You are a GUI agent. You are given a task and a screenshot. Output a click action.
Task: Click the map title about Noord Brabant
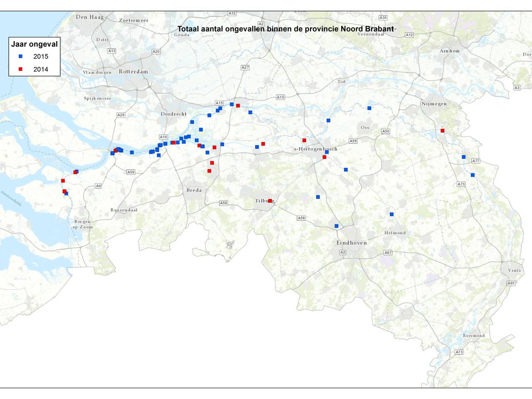tap(286, 29)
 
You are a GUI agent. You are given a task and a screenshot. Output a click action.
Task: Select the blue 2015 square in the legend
tap(20, 56)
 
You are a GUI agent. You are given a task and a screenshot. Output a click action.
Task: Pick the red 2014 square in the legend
tap(20, 69)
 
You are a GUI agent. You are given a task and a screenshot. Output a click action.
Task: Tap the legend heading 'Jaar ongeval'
tap(34, 44)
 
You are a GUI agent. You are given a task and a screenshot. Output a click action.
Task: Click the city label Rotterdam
tap(133, 71)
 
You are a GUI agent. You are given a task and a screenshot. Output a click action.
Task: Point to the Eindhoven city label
tap(352, 243)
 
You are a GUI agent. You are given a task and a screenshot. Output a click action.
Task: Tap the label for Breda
tap(194, 190)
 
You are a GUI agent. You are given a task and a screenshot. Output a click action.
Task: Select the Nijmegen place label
tap(434, 104)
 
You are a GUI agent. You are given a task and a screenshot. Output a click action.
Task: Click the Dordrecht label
tap(174, 114)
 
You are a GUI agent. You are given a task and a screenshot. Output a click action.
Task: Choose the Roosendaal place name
tap(124, 210)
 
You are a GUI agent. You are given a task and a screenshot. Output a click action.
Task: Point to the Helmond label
tap(395, 233)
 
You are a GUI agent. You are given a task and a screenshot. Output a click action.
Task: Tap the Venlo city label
tap(514, 270)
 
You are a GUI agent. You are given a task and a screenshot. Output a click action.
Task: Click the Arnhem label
tap(450, 51)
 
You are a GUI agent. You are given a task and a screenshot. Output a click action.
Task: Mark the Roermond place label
tap(474, 336)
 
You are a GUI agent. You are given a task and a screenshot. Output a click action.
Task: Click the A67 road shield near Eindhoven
tap(388, 252)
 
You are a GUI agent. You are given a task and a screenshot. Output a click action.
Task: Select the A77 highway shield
tap(475, 161)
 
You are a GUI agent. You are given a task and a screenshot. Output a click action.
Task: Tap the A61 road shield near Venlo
tap(511, 283)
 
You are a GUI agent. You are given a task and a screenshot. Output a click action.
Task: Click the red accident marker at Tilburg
tap(270, 201)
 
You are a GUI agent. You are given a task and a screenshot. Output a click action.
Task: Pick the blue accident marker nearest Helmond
tap(392, 214)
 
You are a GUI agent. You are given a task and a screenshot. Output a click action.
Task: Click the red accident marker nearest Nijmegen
tap(442, 131)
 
